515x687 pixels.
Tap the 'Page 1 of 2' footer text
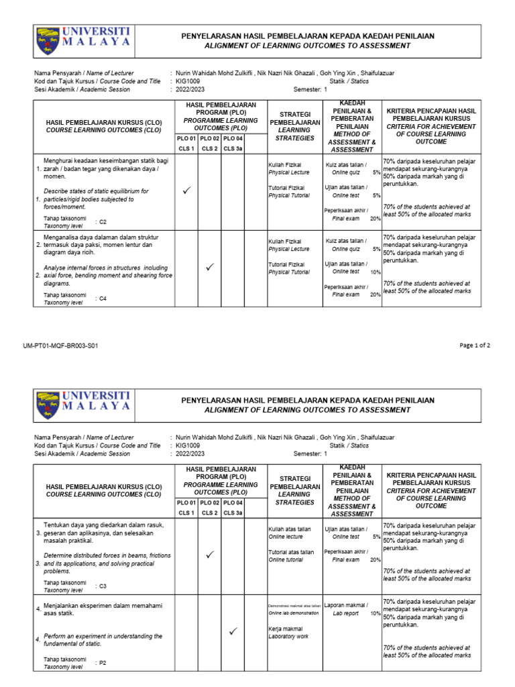[475, 346]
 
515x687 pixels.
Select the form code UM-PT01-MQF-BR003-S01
[60, 346]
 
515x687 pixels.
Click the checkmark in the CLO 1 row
[186, 191]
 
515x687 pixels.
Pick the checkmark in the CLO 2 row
[209, 267]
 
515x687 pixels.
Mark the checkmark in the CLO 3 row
[209, 554]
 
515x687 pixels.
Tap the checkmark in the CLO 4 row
[233, 631]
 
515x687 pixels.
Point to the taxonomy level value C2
[103, 221]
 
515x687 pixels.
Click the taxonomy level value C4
[103, 299]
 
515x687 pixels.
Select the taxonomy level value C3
[103, 586]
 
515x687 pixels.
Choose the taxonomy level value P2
[103, 662]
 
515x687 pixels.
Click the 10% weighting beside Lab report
[375, 613]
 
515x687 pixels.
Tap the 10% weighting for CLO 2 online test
[376, 272]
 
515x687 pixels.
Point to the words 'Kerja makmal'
[284, 629]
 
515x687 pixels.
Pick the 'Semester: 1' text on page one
[310, 89]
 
